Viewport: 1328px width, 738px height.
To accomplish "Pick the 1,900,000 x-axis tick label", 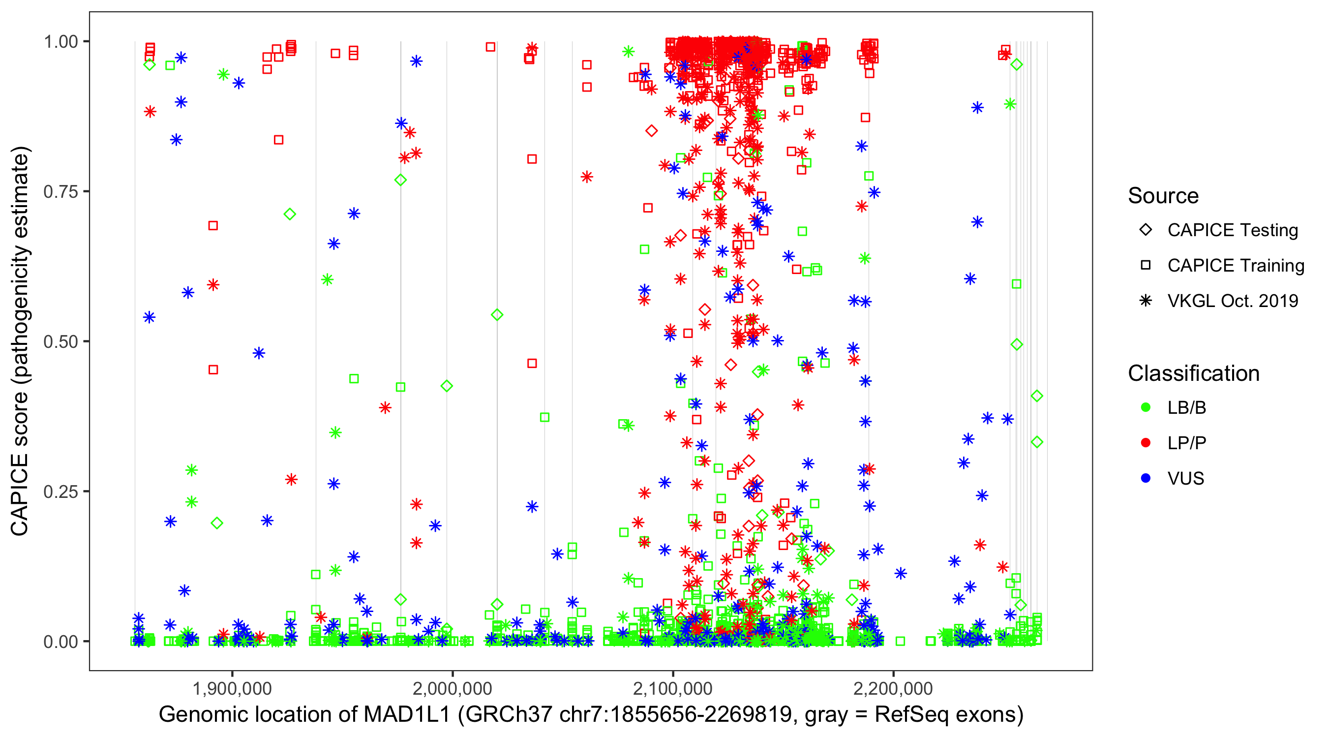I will tap(232, 688).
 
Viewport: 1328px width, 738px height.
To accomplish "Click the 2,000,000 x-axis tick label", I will tap(453, 688).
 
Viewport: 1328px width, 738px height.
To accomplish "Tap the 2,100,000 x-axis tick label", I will tap(673, 688).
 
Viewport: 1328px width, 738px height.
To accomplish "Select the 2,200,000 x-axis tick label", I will tap(893, 688).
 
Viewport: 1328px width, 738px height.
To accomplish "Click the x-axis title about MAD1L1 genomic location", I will tap(591, 715).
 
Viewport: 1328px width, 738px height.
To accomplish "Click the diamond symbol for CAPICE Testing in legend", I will tap(1146, 230).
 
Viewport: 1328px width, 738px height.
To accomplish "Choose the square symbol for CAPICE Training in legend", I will tap(1146, 265).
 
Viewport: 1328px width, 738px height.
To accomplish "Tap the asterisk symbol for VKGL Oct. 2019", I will tap(1146, 301).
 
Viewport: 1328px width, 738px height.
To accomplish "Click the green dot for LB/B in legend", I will tap(1146, 407).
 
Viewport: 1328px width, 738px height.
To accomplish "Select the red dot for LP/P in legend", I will tap(1146, 443).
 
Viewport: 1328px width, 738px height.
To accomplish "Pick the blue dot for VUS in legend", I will tap(1146, 478).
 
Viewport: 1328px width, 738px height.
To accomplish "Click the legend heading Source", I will tap(1163, 196).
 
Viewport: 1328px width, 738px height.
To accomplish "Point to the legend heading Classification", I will tap(1193, 373).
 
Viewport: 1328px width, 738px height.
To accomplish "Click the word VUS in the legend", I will tap(1186, 479).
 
